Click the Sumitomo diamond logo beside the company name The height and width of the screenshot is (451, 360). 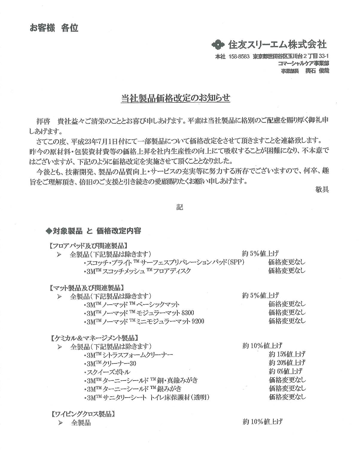[x=217, y=45]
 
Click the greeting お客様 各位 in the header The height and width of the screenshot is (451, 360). [x=54, y=28]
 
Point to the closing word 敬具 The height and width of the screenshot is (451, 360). [x=322, y=189]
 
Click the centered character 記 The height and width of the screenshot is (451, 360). [x=179, y=207]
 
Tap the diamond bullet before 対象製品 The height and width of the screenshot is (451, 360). [x=48, y=231]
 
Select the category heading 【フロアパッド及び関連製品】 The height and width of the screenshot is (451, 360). [x=89, y=246]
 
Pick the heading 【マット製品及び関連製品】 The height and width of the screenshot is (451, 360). [x=86, y=288]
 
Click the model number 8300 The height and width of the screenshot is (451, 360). [x=188, y=313]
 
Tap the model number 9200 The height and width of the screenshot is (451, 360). [x=198, y=321]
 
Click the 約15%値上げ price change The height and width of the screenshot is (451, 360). [x=287, y=355]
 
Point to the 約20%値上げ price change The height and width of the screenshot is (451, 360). [x=287, y=363]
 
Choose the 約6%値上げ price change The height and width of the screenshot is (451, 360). [x=285, y=372]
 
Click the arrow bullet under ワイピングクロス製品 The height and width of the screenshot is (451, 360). [x=60, y=423]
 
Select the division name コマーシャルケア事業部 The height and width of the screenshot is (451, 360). [x=303, y=63]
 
